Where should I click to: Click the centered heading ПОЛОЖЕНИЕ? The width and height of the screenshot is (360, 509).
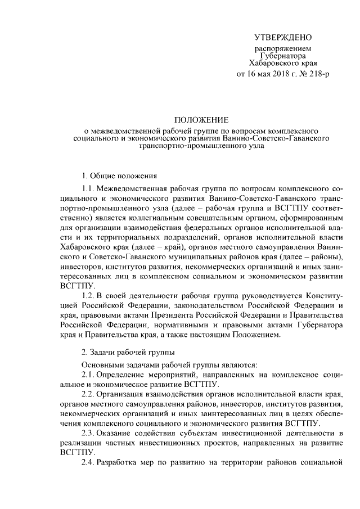click(201, 120)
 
